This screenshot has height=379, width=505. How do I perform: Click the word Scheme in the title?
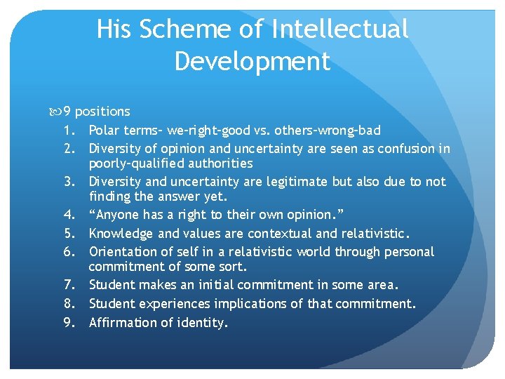click(175, 29)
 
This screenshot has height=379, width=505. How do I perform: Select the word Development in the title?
click(252, 61)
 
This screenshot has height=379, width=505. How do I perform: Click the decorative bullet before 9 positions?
click(56, 112)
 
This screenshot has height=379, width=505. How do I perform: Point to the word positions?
click(102, 112)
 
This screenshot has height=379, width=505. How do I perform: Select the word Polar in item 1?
click(104, 130)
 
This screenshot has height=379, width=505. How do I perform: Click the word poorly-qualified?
click(133, 164)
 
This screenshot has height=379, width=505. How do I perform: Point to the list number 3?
click(69, 182)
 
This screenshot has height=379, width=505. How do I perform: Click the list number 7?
click(69, 285)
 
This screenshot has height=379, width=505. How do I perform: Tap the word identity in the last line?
click(204, 323)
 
